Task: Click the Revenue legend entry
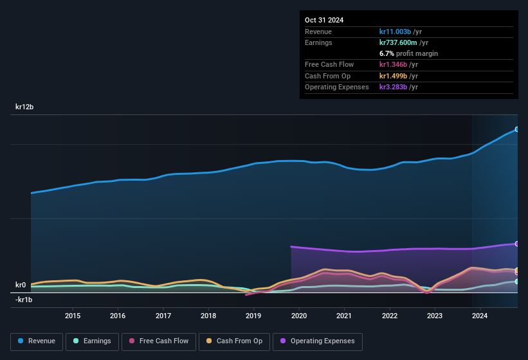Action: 36,341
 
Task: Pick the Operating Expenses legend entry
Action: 318,341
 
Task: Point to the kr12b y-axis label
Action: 24,107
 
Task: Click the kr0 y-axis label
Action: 21,285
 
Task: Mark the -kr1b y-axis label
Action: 24,300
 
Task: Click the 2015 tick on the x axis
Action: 73,316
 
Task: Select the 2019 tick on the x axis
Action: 253,316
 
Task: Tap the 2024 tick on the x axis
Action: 480,316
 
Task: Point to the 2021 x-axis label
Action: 344,316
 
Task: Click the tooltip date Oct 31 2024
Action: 324,20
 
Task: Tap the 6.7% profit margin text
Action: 408,53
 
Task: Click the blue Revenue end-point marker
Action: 517,129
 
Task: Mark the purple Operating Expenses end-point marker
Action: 517,244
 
